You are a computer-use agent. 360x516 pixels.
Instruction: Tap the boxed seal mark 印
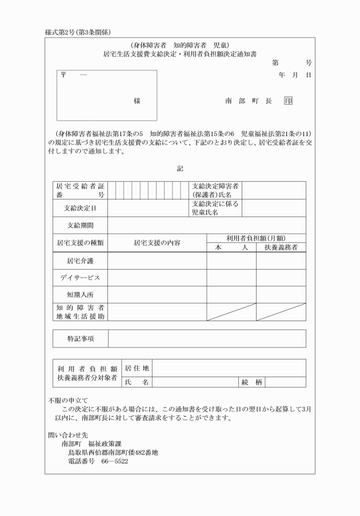[287, 101]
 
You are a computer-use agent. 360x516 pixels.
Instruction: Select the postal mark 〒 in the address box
[64, 76]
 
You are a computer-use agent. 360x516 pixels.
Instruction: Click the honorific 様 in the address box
[137, 101]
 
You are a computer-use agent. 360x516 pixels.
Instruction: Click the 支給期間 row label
[79, 225]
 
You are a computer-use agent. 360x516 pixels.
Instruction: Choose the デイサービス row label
[79, 278]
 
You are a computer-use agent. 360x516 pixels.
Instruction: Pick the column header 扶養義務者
[281, 247]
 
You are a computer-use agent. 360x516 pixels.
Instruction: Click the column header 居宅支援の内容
[157, 243]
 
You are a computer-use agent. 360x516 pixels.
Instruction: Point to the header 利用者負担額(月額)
[256, 238]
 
